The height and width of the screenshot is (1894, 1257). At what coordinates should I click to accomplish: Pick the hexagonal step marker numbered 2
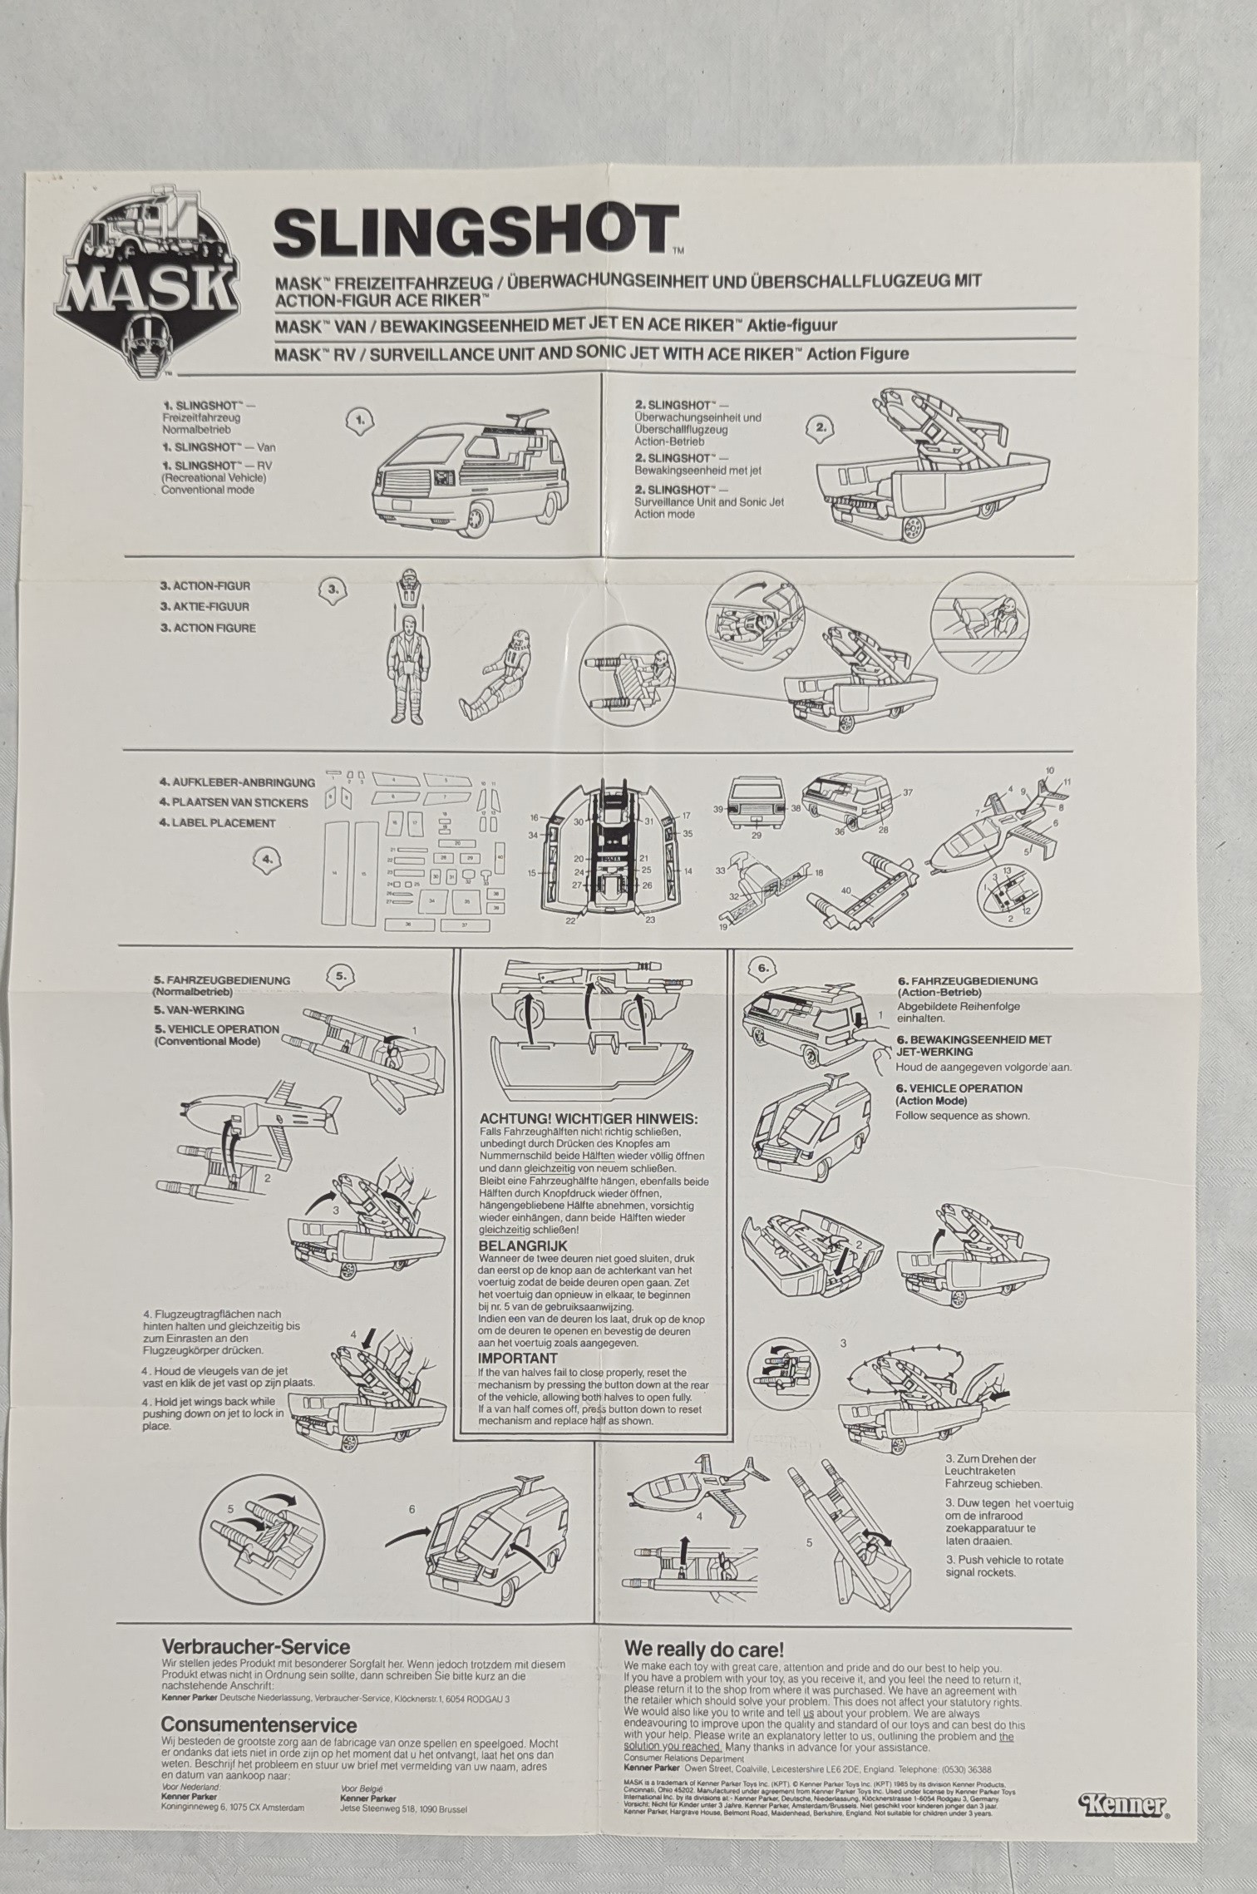click(821, 427)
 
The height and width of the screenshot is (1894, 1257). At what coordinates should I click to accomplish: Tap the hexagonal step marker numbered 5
click(342, 976)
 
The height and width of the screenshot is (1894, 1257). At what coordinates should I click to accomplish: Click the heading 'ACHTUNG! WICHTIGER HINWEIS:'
click(589, 1118)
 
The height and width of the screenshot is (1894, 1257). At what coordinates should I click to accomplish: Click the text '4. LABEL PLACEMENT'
click(217, 823)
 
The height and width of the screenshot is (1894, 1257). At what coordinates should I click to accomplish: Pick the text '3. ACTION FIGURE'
click(207, 629)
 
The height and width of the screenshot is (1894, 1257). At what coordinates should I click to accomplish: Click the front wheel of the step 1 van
click(480, 520)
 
